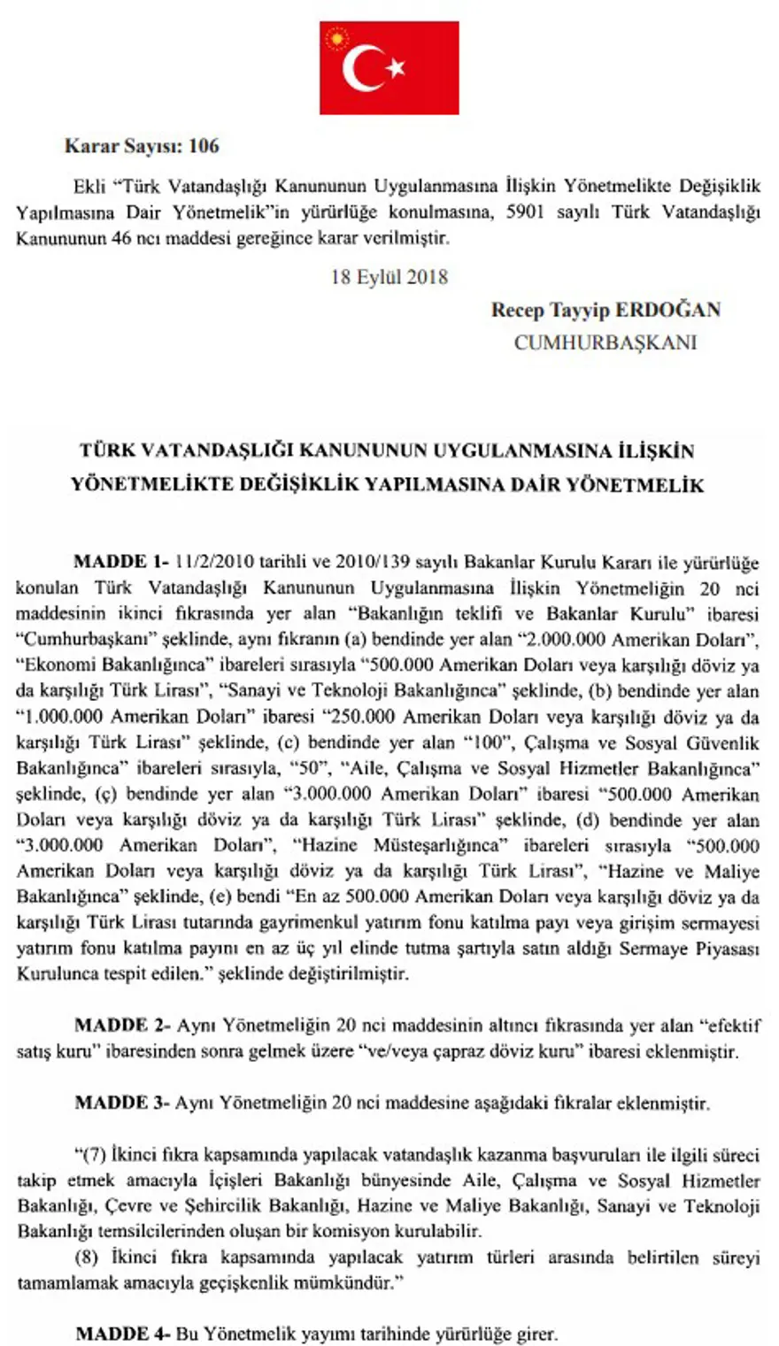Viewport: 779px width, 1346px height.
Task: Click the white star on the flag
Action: point(395,68)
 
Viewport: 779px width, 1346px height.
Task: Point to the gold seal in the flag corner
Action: point(335,36)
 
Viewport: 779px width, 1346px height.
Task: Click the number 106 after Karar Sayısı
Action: point(203,146)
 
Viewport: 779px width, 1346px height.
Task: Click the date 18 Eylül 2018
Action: point(389,277)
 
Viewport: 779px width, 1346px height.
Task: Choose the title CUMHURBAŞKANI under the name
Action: point(605,342)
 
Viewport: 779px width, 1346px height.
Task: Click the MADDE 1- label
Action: point(121,562)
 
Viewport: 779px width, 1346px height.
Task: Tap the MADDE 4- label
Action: point(123,1334)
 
